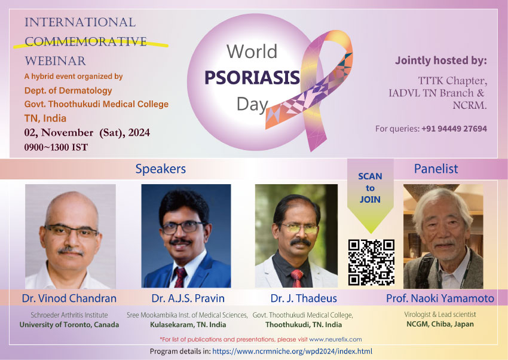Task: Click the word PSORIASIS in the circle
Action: click(x=252, y=78)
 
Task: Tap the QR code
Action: click(x=371, y=263)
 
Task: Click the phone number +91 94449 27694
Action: click(x=454, y=129)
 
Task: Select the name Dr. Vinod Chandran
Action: click(x=69, y=298)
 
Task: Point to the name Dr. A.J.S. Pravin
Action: click(x=188, y=298)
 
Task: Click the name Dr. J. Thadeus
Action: click(x=304, y=298)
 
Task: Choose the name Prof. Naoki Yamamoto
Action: click(x=440, y=298)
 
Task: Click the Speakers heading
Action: click(x=160, y=169)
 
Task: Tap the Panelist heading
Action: click(x=436, y=169)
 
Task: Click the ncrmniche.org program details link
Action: click(x=292, y=351)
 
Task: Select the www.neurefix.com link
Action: click(x=335, y=339)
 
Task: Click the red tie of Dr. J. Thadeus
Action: click(x=296, y=278)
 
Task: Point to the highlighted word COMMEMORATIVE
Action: click(x=86, y=41)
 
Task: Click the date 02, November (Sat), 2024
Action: click(x=87, y=133)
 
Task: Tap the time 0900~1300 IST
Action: click(x=56, y=148)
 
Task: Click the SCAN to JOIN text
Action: click(x=370, y=188)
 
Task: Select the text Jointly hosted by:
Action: click(x=440, y=60)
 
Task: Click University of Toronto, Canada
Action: click(x=69, y=325)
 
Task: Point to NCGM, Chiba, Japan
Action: click(x=440, y=324)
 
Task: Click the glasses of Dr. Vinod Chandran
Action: click(x=71, y=231)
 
